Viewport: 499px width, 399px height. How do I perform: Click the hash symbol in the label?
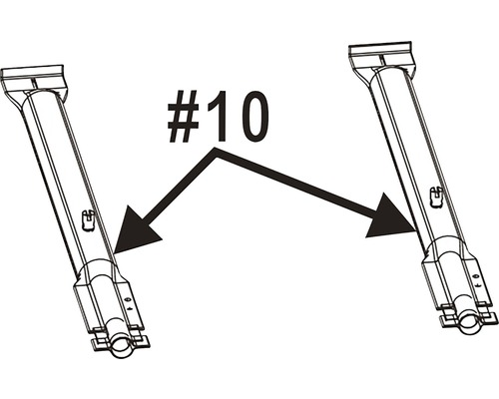pyautogui.click(x=184, y=117)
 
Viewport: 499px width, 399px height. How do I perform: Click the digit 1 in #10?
pyautogui.click(x=218, y=116)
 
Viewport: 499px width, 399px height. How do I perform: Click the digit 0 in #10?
pyautogui.click(x=251, y=117)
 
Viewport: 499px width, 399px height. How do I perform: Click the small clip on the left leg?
pyautogui.click(x=88, y=219)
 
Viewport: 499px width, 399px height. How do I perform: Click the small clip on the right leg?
pyautogui.click(x=436, y=197)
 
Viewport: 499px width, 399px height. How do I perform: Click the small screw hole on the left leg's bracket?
pyautogui.click(x=127, y=299)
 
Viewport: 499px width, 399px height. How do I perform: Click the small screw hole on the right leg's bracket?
pyautogui.click(x=475, y=276)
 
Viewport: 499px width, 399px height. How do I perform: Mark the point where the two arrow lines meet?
pyautogui.click(x=216, y=153)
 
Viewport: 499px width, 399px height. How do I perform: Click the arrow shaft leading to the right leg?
pyautogui.click(x=297, y=182)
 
